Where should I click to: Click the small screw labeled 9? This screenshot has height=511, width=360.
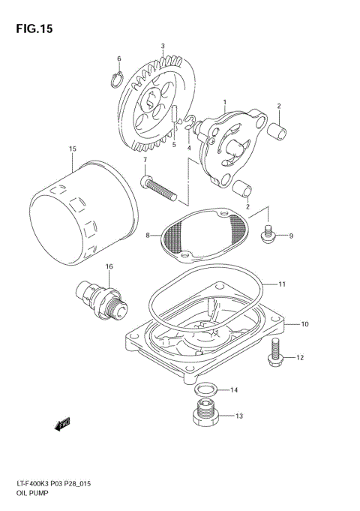tap(266, 235)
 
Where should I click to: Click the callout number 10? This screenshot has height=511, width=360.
tap(305, 324)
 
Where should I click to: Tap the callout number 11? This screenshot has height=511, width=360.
tap(282, 284)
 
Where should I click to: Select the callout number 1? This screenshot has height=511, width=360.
tap(223, 101)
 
